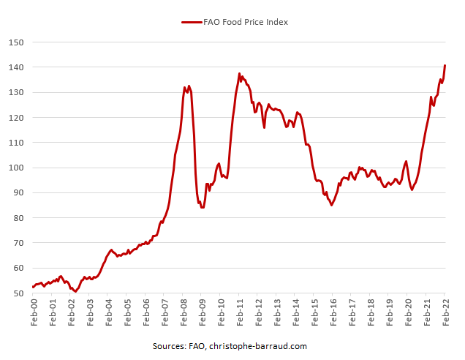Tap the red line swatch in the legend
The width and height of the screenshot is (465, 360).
[191, 22]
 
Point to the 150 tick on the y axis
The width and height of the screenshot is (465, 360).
[18, 42]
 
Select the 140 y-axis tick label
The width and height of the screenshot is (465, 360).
[18, 67]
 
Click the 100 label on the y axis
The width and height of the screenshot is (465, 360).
[18, 168]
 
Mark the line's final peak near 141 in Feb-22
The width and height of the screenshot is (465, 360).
[445, 66]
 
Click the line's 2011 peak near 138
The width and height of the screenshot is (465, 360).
[239, 73]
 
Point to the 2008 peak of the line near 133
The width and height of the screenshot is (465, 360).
[189, 86]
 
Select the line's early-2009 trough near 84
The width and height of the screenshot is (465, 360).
[203, 207]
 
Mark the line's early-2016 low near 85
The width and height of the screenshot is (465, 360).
[331, 205]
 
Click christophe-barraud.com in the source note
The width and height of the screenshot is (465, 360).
[260, 346]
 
